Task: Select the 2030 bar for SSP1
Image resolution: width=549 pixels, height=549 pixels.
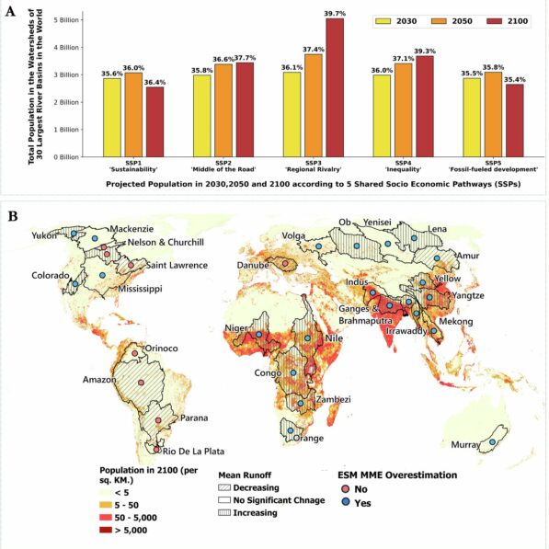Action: point(112,117)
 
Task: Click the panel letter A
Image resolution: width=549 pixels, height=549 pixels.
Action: point(12,11)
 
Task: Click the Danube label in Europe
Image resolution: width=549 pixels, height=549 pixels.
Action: point(249,266)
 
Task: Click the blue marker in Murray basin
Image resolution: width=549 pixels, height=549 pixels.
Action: point(493,441)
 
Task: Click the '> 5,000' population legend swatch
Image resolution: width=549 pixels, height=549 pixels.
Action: point(109,530)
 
